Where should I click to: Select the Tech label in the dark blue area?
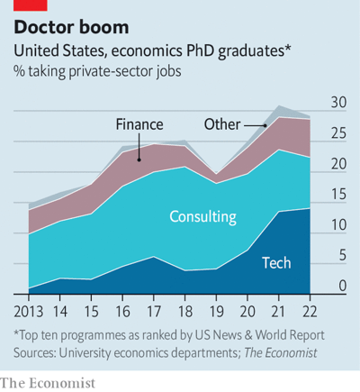point(276,263)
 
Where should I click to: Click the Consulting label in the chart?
point(202,216)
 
